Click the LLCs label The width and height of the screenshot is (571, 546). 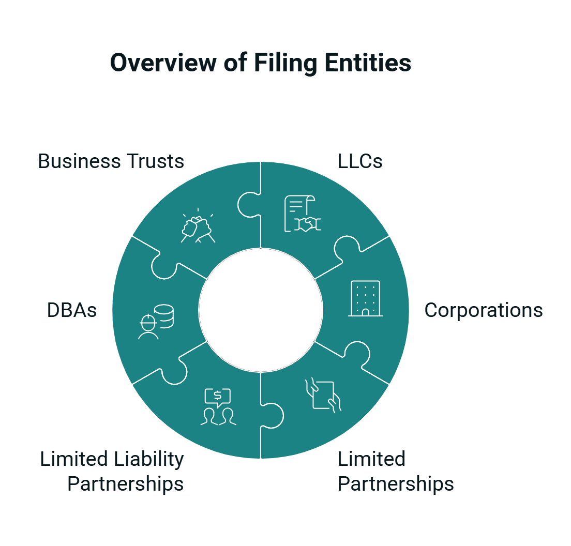(360, 161)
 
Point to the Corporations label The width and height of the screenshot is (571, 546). (484, 310)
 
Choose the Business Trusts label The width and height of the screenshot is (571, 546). (111, 161)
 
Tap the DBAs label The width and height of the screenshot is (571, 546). (72, 310)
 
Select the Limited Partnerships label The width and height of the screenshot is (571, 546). (396, 472)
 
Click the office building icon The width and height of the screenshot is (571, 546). (365, 299)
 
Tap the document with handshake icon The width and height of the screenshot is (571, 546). (303, 214)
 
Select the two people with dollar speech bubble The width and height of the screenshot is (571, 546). (218, 407)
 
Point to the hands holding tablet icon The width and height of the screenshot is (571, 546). (323, 395)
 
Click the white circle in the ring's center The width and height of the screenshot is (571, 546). (261, 310)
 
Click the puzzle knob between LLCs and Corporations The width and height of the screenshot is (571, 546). (347, 248)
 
